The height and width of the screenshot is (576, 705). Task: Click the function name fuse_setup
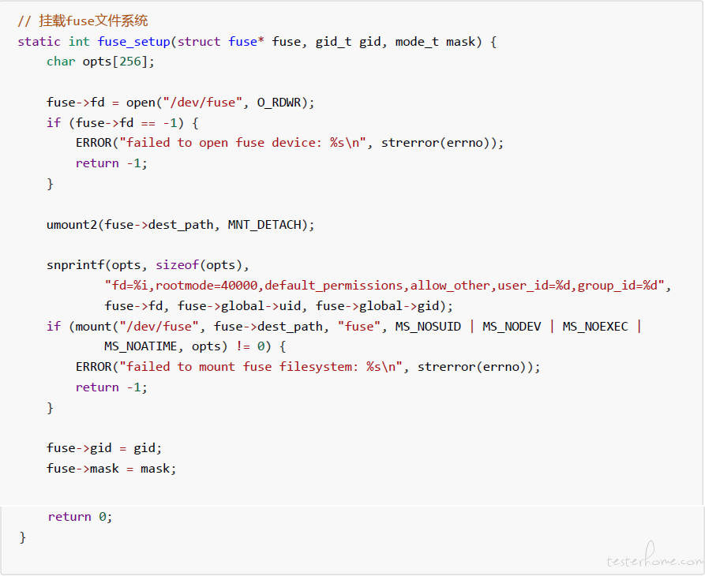coord(134,42)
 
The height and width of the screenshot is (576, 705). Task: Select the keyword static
coord(39,42)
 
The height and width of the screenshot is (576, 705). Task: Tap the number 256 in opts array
coord(130,62)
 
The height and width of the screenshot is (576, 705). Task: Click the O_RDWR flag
coord(279,103)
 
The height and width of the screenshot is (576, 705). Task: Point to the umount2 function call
coord(72,225)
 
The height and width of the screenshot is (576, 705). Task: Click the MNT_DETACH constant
coord(264,225)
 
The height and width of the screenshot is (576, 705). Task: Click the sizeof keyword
coord(177,265)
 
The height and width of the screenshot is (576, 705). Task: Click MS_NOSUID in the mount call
coord(428,327)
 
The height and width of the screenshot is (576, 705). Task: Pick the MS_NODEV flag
coord(512,327)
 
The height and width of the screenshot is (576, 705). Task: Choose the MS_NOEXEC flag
coord(595,327)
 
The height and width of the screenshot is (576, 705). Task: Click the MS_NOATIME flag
coord(141,347)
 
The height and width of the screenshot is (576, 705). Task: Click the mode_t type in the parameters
coord(417,42)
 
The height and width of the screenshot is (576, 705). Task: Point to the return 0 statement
coord(80,517)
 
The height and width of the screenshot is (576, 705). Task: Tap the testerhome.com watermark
coord(654,556)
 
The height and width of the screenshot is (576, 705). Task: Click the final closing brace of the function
coord(22,537)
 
